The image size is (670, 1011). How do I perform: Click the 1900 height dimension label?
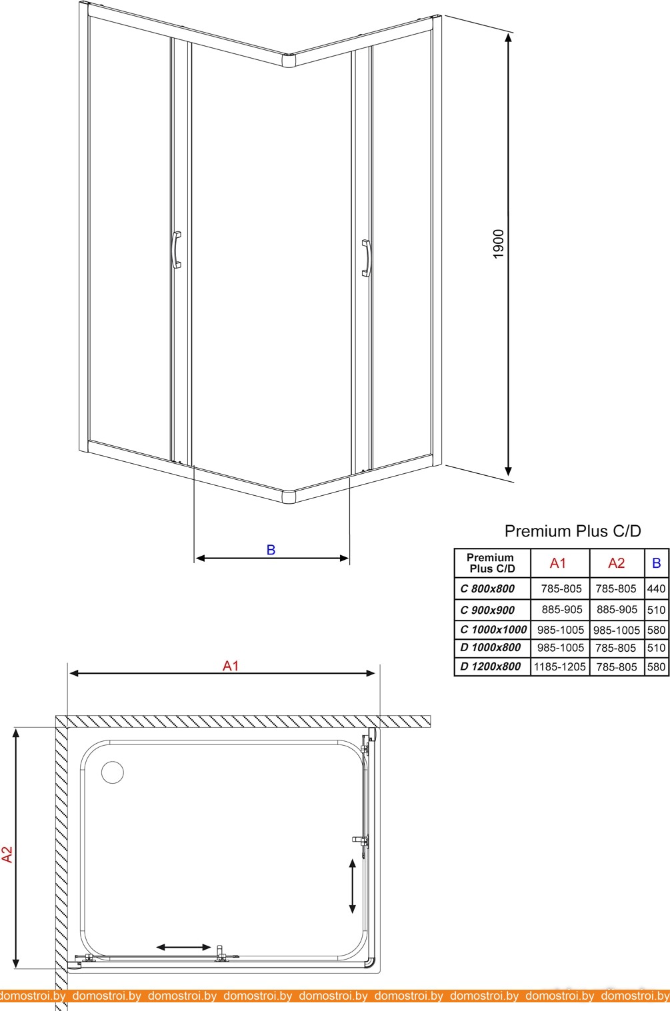click(x=498, y=244)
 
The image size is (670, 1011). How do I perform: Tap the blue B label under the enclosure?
click(x=271, y=550)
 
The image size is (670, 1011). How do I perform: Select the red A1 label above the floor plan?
click(x=230, y=666)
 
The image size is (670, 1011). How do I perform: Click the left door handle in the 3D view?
click(x=177, y=250)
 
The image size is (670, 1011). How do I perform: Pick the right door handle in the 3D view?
click(x=366, y=258)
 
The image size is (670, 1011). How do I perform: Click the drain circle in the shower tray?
click(x=113, y=772)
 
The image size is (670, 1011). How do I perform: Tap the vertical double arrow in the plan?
click(x=352, y=886)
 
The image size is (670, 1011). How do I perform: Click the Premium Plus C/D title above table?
click(x=573, y=530)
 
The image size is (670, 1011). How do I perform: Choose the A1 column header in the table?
click(x=557, y=563)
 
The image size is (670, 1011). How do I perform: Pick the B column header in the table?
click(x=657, y=563)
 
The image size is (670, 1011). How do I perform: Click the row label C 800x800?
click(x=487, y=588)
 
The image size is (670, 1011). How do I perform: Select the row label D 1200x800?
click(x=490, y=666)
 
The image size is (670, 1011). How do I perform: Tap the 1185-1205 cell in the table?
click(x=559, y=666)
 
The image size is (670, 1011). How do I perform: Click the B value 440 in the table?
click(x=656, y=588)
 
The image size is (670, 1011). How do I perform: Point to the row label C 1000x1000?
click(x=493, y=630)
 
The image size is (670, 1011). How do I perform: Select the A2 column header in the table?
click(x=616, y=563)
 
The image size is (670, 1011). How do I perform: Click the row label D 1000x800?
click(x=490, y=648)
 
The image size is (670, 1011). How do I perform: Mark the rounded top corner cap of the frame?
click(x=289, y=61)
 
